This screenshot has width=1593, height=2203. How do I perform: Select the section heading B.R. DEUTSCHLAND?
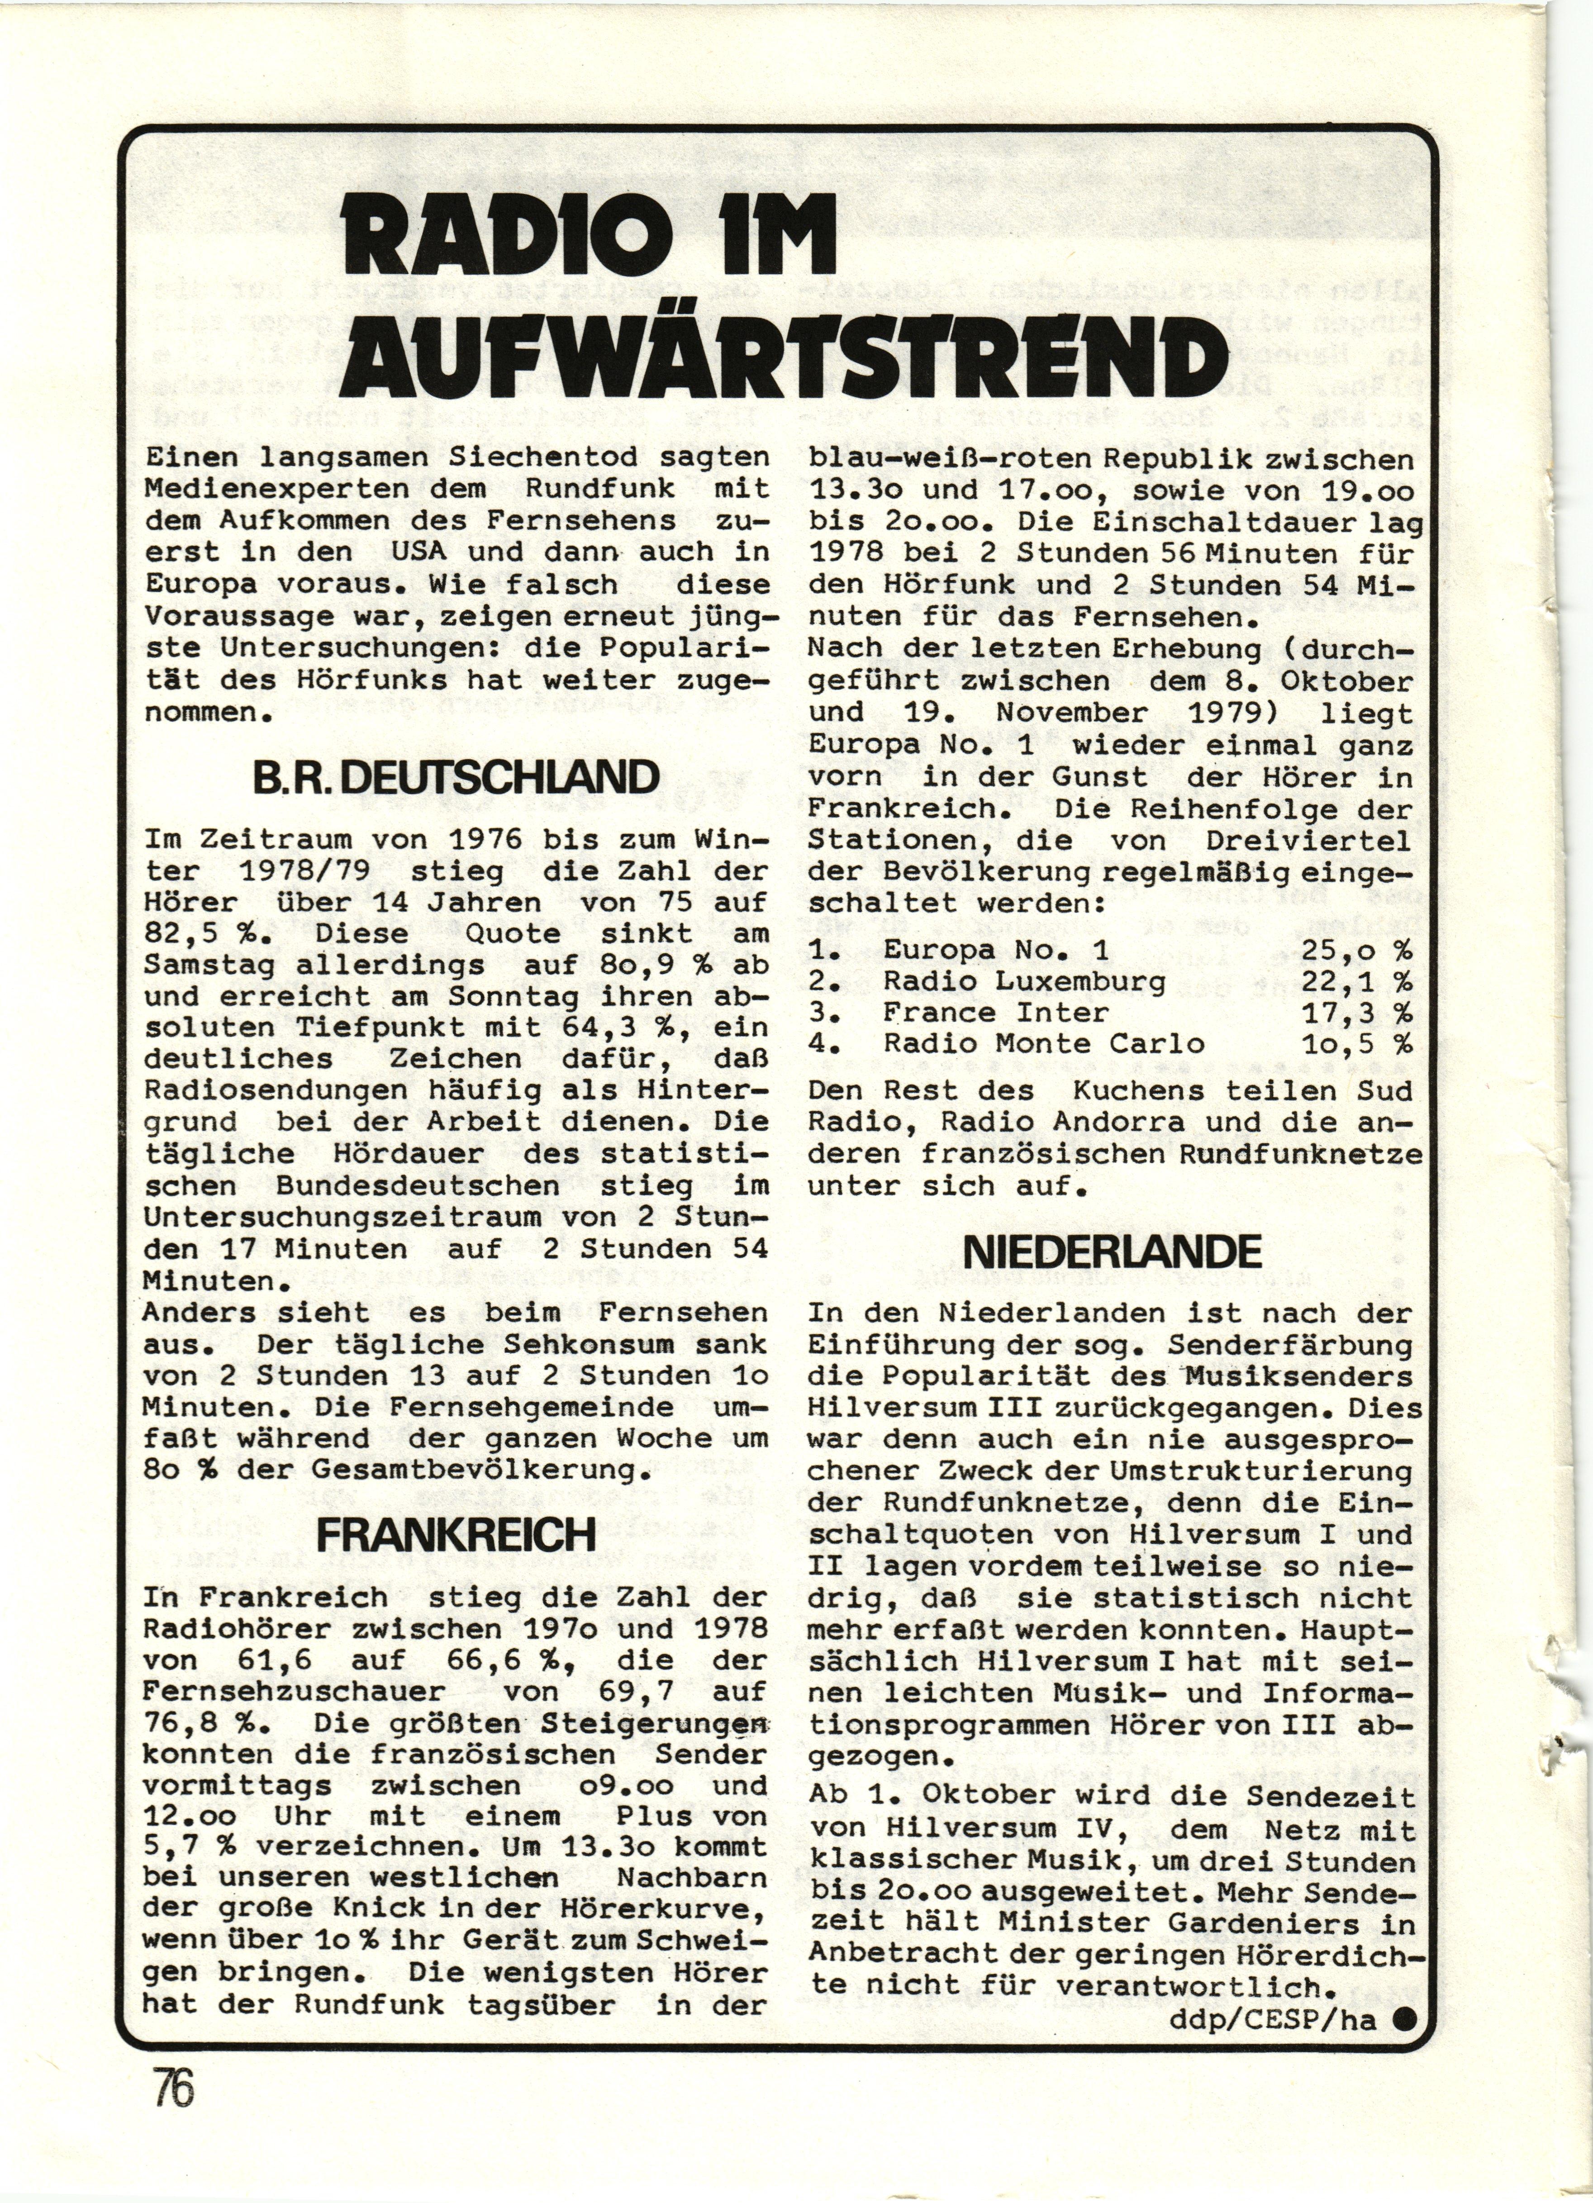[x=456, y=777]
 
